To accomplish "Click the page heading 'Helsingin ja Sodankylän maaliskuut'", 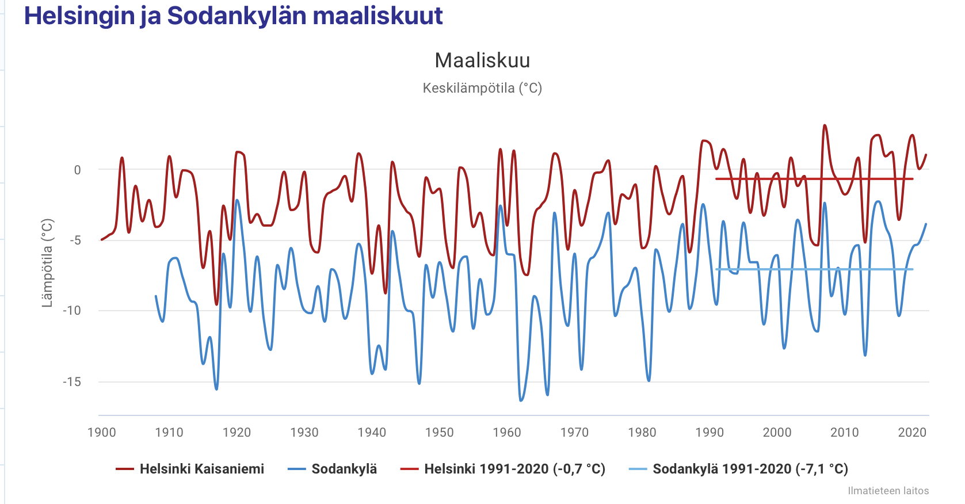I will point(233,16).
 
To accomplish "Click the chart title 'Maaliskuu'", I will point(482,60).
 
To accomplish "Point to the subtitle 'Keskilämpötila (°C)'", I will point(482,88).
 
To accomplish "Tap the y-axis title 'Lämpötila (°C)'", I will point(47,263).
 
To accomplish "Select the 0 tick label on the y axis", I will point(77,170).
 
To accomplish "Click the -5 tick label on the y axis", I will point(75,240).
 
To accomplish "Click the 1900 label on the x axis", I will point(101,433).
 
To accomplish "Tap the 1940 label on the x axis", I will point(372,433).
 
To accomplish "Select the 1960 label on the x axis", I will point(507,433).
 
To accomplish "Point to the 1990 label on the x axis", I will point(710,433).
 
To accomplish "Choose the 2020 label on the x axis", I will point(912,433).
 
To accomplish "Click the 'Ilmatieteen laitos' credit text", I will point(888,491).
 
